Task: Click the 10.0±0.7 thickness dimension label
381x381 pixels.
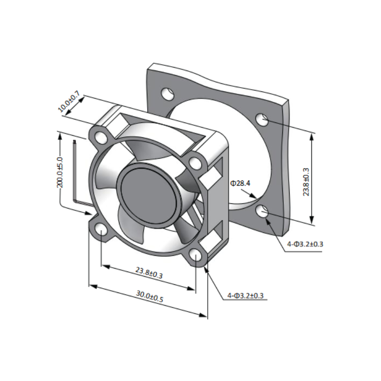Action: pos(69,101)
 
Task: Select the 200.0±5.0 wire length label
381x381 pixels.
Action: pos(60,172)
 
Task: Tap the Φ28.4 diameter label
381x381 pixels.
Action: pos(240,183)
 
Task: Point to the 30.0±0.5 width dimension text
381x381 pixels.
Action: pos(150,296)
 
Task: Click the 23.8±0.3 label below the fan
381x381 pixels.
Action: pos(149,273)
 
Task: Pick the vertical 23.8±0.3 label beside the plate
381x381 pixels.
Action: pos(306,182)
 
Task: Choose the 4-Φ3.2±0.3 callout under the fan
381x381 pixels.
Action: pos(245,295)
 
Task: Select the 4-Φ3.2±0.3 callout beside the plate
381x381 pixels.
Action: pos(305,244)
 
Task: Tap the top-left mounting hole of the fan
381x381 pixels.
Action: pos(100,138)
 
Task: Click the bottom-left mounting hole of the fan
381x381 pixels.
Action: pos(100,230)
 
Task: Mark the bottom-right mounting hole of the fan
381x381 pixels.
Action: pos(195,255)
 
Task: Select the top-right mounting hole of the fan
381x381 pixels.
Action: pos(195,163)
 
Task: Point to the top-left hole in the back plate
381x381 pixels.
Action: pos(168,93)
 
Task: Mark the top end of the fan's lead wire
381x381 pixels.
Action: pos(74,141)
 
